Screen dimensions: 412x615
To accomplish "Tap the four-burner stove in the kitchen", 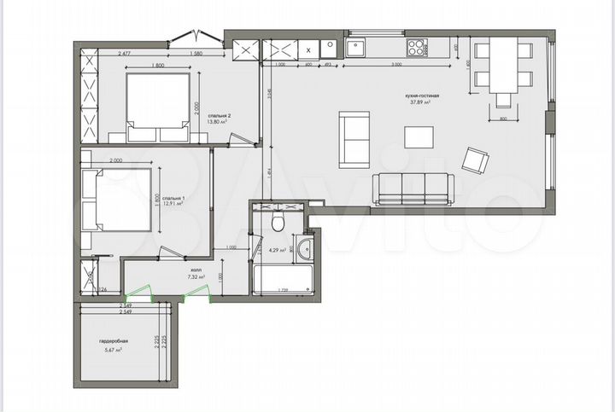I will click(x=418, y=47).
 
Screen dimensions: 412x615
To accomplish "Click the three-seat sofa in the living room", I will click(x=414, y=187).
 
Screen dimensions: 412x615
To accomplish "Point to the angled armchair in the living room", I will click(x=475, y=160).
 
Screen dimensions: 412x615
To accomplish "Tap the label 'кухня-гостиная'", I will click(x=422, y=96).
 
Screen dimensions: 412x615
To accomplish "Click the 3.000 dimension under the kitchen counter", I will click(x=396, y=65).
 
